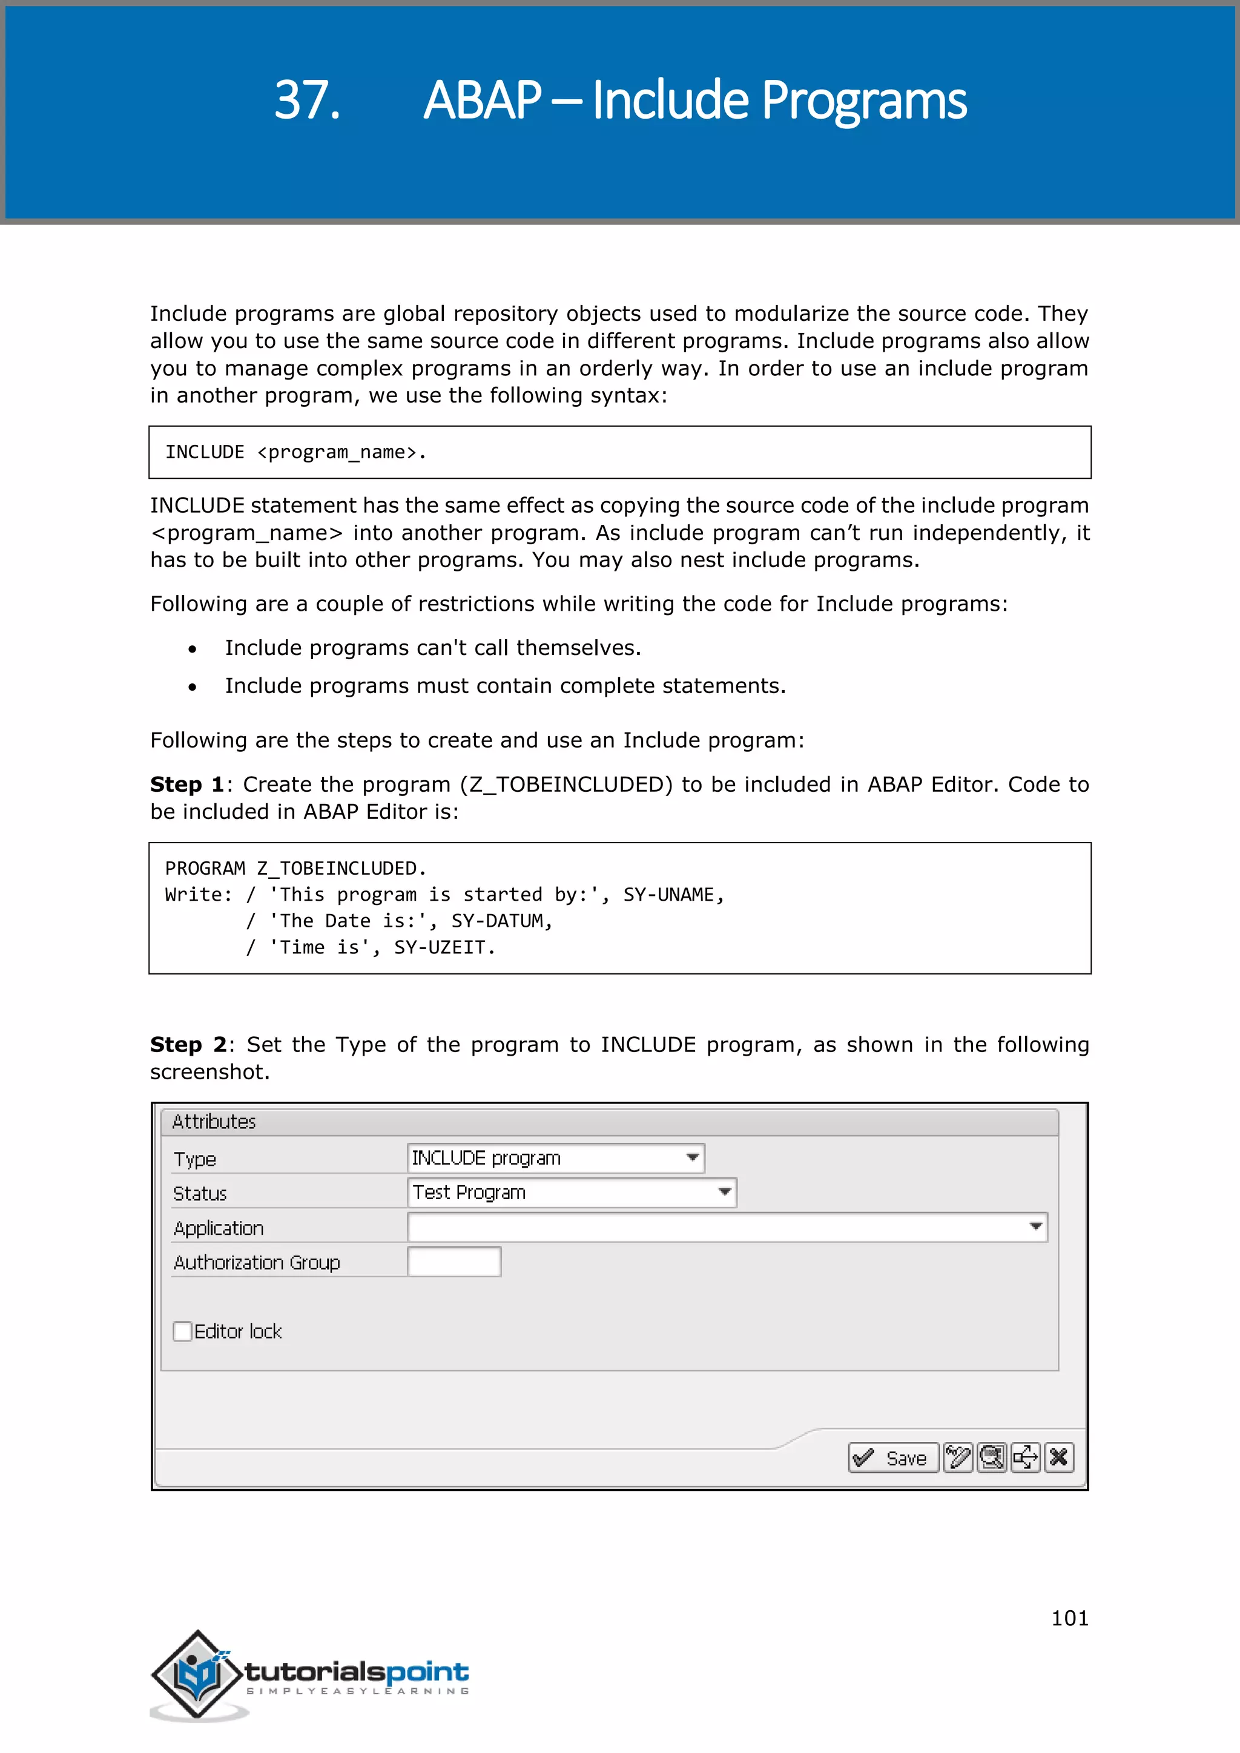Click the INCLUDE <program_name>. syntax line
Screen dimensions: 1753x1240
[295, 452]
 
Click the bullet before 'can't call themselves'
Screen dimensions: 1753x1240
[193, 649]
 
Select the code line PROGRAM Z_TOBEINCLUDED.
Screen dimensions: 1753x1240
[295, 869]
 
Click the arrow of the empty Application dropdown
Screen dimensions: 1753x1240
[1035, 1227]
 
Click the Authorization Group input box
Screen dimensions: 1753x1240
[453, 1261]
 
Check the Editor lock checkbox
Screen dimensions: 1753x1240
[182, 1332]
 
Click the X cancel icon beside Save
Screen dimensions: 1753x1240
[1059, 1458]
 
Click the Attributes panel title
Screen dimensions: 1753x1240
[214, 1122]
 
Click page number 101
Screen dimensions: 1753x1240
[1069, 1618]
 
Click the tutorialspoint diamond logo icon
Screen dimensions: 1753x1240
[198, 1674]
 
